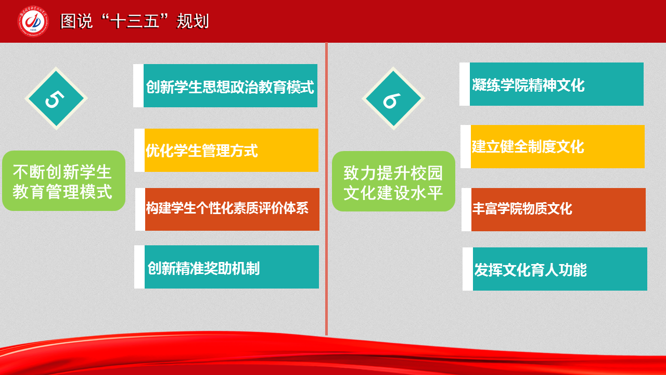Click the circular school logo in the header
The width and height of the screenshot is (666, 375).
33,21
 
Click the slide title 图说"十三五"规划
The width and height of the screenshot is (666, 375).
135,21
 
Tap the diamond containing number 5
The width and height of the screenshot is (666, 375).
56,98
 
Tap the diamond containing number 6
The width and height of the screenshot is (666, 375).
393,98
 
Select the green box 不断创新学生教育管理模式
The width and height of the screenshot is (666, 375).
63,181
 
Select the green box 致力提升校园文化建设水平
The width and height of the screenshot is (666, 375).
393,181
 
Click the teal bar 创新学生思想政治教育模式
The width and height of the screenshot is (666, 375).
230,86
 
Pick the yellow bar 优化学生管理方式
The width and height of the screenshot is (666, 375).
232,151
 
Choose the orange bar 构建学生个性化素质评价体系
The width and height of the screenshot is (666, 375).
232,209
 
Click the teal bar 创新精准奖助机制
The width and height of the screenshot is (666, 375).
232,267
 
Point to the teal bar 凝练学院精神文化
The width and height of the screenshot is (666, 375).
557,84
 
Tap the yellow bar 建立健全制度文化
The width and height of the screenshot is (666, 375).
557,147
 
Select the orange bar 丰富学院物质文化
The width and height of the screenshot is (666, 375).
558,209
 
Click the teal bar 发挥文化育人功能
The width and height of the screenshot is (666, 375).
560,269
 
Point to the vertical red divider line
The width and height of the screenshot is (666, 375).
326,189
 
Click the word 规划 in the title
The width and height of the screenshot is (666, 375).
193,21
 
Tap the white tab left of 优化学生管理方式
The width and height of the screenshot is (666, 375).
139,151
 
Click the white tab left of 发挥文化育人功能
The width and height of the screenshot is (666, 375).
468,269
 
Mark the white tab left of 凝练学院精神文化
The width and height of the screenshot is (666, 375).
465,84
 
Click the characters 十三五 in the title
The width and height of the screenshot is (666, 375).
134,21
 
